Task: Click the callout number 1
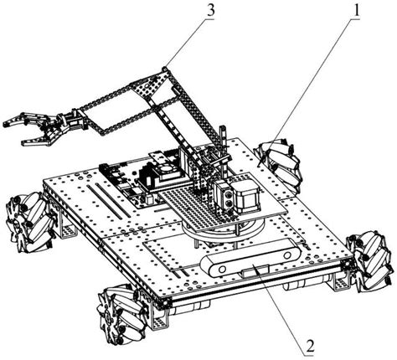click(356, 11)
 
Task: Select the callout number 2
click(310, 347)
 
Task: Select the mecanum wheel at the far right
click(370, 261)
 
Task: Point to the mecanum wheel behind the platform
click(279, 165)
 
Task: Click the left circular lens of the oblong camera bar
click(222, 270)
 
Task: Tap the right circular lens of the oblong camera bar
click(287, 255)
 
